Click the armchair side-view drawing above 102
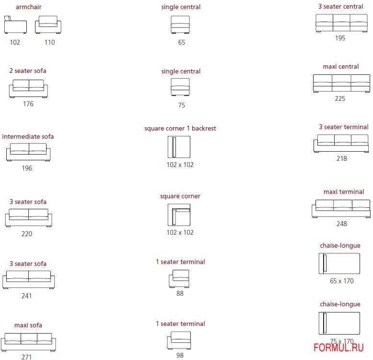[x=15, y=24]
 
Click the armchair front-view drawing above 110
[x=48, y=24]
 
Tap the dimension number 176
[x=28, y=104]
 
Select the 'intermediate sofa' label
[x=28, y=136]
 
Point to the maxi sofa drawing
[x=28, y=342]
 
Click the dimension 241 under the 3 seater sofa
[x=27, y=296]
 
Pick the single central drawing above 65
[x=180, y=24]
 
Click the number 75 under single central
[x=182, y=105]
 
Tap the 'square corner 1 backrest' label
[x=180, y=128]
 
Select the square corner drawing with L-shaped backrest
[x=179, y=215]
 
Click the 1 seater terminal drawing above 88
[x=179, y=278]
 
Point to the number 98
[x=180, y=355]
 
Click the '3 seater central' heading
[x=341, y=6]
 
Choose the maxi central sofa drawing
[x=342, y=84]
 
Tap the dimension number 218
[x=342, y=158]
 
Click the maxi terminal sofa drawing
[x=341, y=209]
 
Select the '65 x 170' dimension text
[x=342, y=281]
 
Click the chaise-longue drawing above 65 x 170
[x=339, y=264]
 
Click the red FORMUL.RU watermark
[x=338, y=348]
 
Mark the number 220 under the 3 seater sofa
[x=27, y=234]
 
